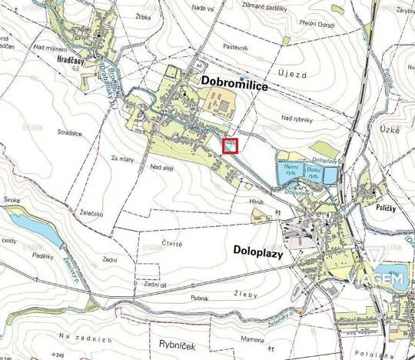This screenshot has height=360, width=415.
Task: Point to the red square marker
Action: pos(230,145)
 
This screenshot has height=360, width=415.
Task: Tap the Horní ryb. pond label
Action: pos(290,170)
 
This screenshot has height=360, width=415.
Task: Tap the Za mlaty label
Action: pos(123,158)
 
